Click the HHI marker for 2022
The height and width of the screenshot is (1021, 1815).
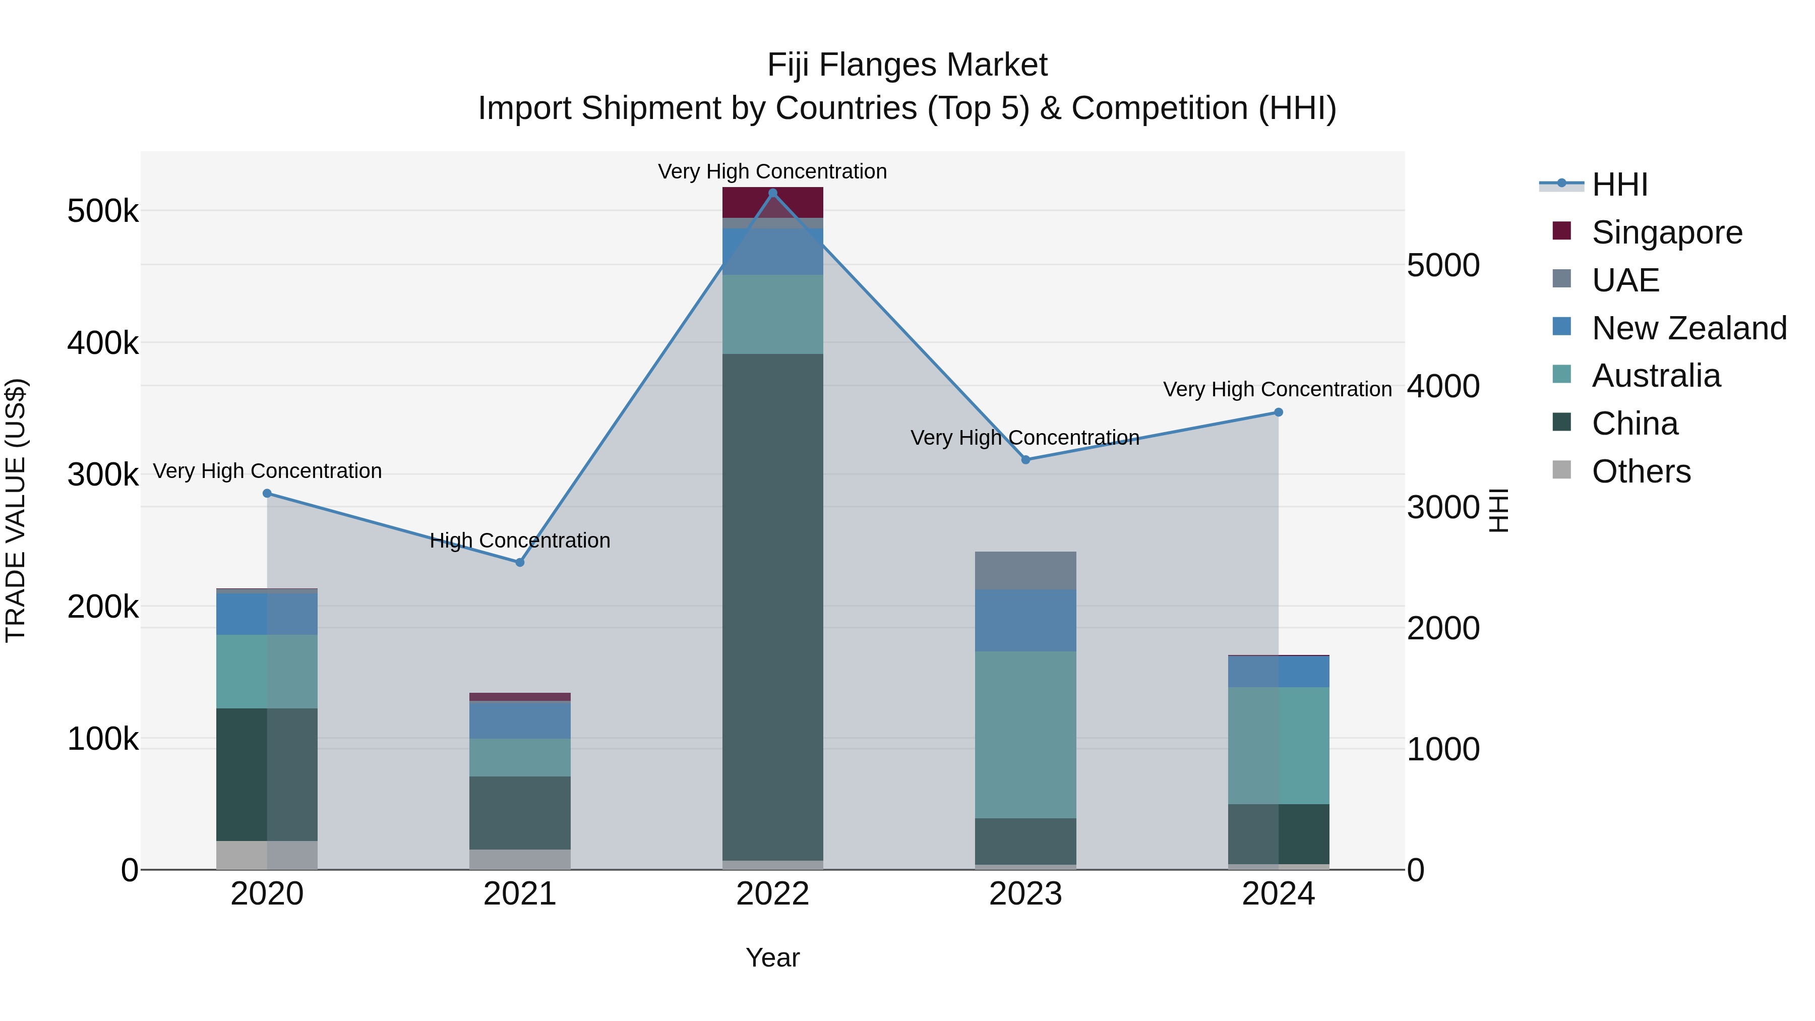point(772,193)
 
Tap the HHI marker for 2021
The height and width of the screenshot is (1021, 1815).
point(520,562)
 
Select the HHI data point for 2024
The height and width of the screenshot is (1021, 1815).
point(1278,413)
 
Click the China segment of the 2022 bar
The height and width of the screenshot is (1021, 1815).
point(772,606)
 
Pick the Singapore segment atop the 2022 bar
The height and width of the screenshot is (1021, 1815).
point(772,202)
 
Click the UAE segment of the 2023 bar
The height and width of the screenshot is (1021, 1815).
point(1025,570)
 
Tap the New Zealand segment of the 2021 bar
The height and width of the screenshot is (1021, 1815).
point(520,719)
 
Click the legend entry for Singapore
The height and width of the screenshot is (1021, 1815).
point(1666,232)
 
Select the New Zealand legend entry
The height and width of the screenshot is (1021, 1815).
point(1688,328)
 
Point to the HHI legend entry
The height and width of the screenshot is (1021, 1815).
point(1619,185)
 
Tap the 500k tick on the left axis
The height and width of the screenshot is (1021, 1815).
point(103,211)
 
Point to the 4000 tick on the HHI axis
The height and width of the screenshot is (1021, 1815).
point(1443,386)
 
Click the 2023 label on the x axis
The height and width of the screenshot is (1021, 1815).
point(1025,894)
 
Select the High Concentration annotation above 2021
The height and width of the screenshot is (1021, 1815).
point(520,540)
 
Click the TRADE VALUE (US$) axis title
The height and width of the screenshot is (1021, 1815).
point(16,510)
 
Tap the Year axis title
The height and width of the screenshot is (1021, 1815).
point(772,957)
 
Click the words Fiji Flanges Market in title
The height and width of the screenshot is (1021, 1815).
point(907,65)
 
